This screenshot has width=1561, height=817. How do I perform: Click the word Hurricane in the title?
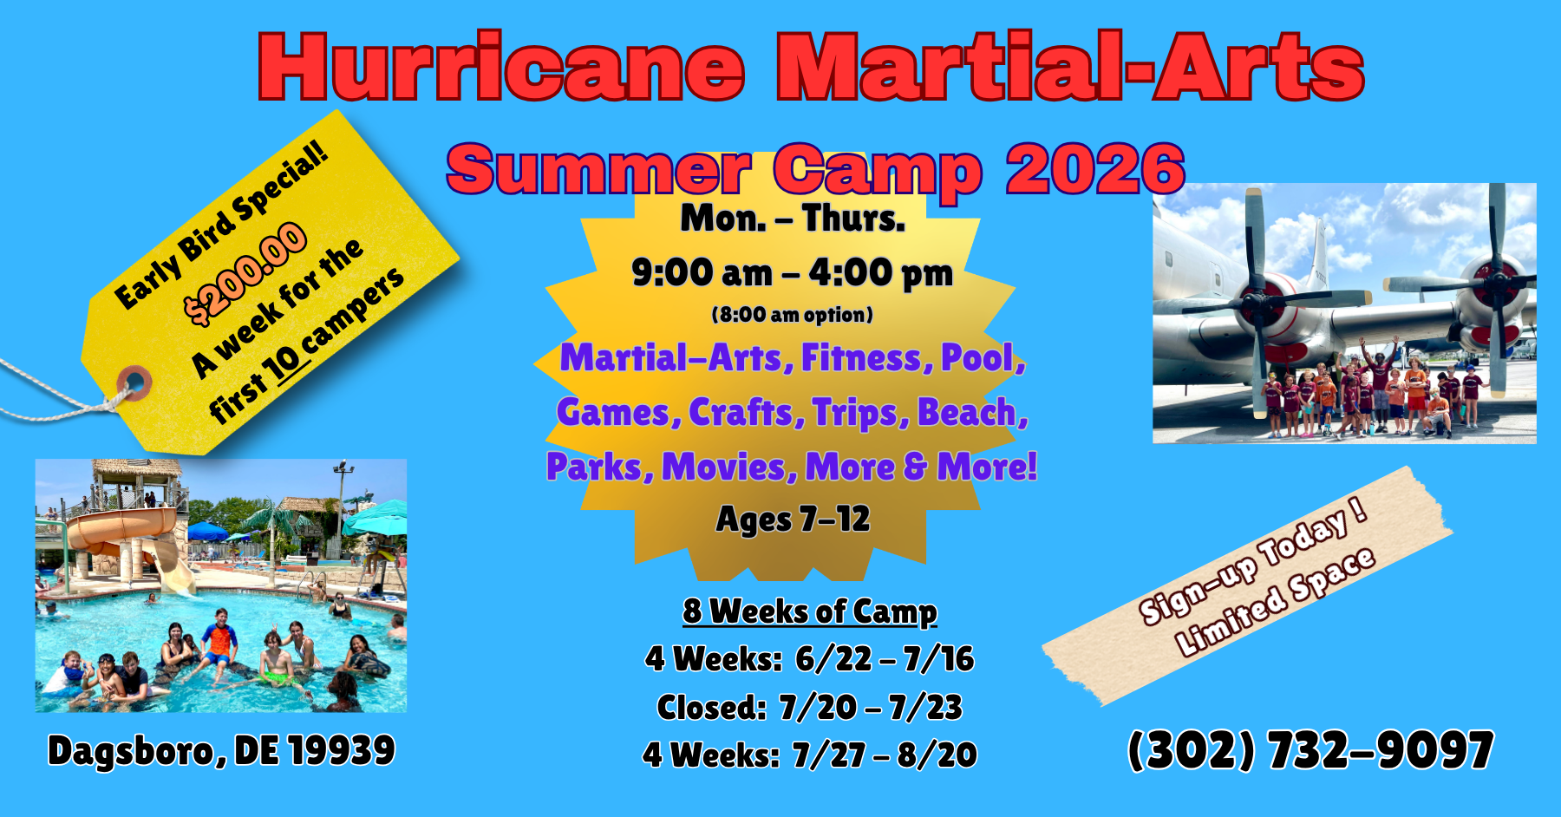tap(501, 68)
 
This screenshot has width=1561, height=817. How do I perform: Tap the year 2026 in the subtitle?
tap(1095, 169)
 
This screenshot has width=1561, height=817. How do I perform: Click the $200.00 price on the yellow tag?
tap(245, 272)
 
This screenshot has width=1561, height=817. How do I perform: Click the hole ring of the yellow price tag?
tap(134, 382)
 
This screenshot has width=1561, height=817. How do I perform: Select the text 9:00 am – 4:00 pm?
tap(792, 273)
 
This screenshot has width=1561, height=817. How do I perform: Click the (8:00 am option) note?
tap(792, 314)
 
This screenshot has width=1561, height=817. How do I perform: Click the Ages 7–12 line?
tap(793, 520)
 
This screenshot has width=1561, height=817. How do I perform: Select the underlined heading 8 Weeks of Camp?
tap(809, 611)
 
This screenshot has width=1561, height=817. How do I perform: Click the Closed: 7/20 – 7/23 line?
tap(809, 708)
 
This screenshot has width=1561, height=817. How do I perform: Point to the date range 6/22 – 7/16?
tap(885, 659)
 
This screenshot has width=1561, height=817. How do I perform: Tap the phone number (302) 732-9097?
tap(1310, 750)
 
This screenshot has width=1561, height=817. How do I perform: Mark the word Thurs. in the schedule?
tap(853, 219)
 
